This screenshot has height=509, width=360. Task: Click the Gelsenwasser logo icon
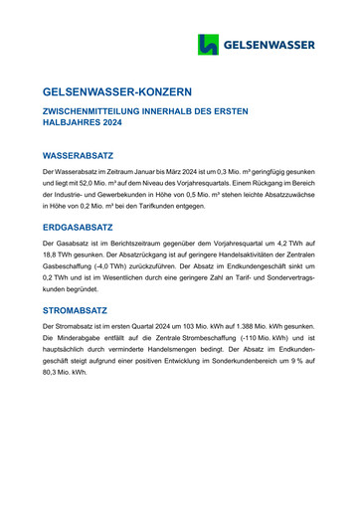(x=208, y=44)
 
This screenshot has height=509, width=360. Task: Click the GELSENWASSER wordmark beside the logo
(x=269, y=45)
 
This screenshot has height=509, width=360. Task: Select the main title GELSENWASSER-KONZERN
(x=124, y=91)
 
